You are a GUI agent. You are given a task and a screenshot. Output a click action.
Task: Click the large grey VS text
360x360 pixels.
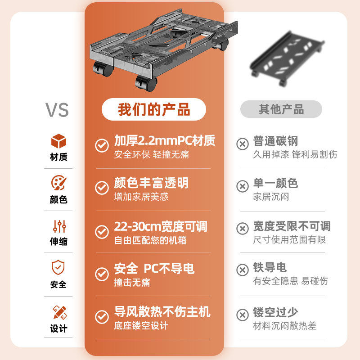point(57,110)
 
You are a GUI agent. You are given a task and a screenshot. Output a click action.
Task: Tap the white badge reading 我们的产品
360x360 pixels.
point(154,109)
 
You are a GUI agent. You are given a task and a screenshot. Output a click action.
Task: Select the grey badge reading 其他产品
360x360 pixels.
point(281,109)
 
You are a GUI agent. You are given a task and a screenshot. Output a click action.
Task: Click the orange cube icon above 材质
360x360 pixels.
point(58,141)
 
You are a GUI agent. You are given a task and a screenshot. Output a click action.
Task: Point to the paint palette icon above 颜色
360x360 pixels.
point(58,183)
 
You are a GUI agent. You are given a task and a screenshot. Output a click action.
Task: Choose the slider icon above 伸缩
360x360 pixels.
point(59,226)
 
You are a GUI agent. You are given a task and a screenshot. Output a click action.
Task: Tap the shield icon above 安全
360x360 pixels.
point(58,268)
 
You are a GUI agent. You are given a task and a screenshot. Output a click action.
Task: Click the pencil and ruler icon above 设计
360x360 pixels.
point(59,312)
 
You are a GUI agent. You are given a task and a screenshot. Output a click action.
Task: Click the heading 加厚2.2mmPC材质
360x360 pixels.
point(164,141)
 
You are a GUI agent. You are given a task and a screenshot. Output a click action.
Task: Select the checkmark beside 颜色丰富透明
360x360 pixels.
point(102,188)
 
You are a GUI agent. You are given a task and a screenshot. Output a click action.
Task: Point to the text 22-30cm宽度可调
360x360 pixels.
point(161,226)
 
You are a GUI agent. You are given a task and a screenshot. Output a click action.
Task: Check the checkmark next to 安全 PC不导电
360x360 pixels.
point(102,274)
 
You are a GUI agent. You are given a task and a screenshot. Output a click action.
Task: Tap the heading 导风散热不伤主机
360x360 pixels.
point(162,312)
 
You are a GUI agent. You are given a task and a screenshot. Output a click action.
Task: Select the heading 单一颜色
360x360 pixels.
point(275,183)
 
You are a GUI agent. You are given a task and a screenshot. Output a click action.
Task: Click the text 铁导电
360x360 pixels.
point(270,268)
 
